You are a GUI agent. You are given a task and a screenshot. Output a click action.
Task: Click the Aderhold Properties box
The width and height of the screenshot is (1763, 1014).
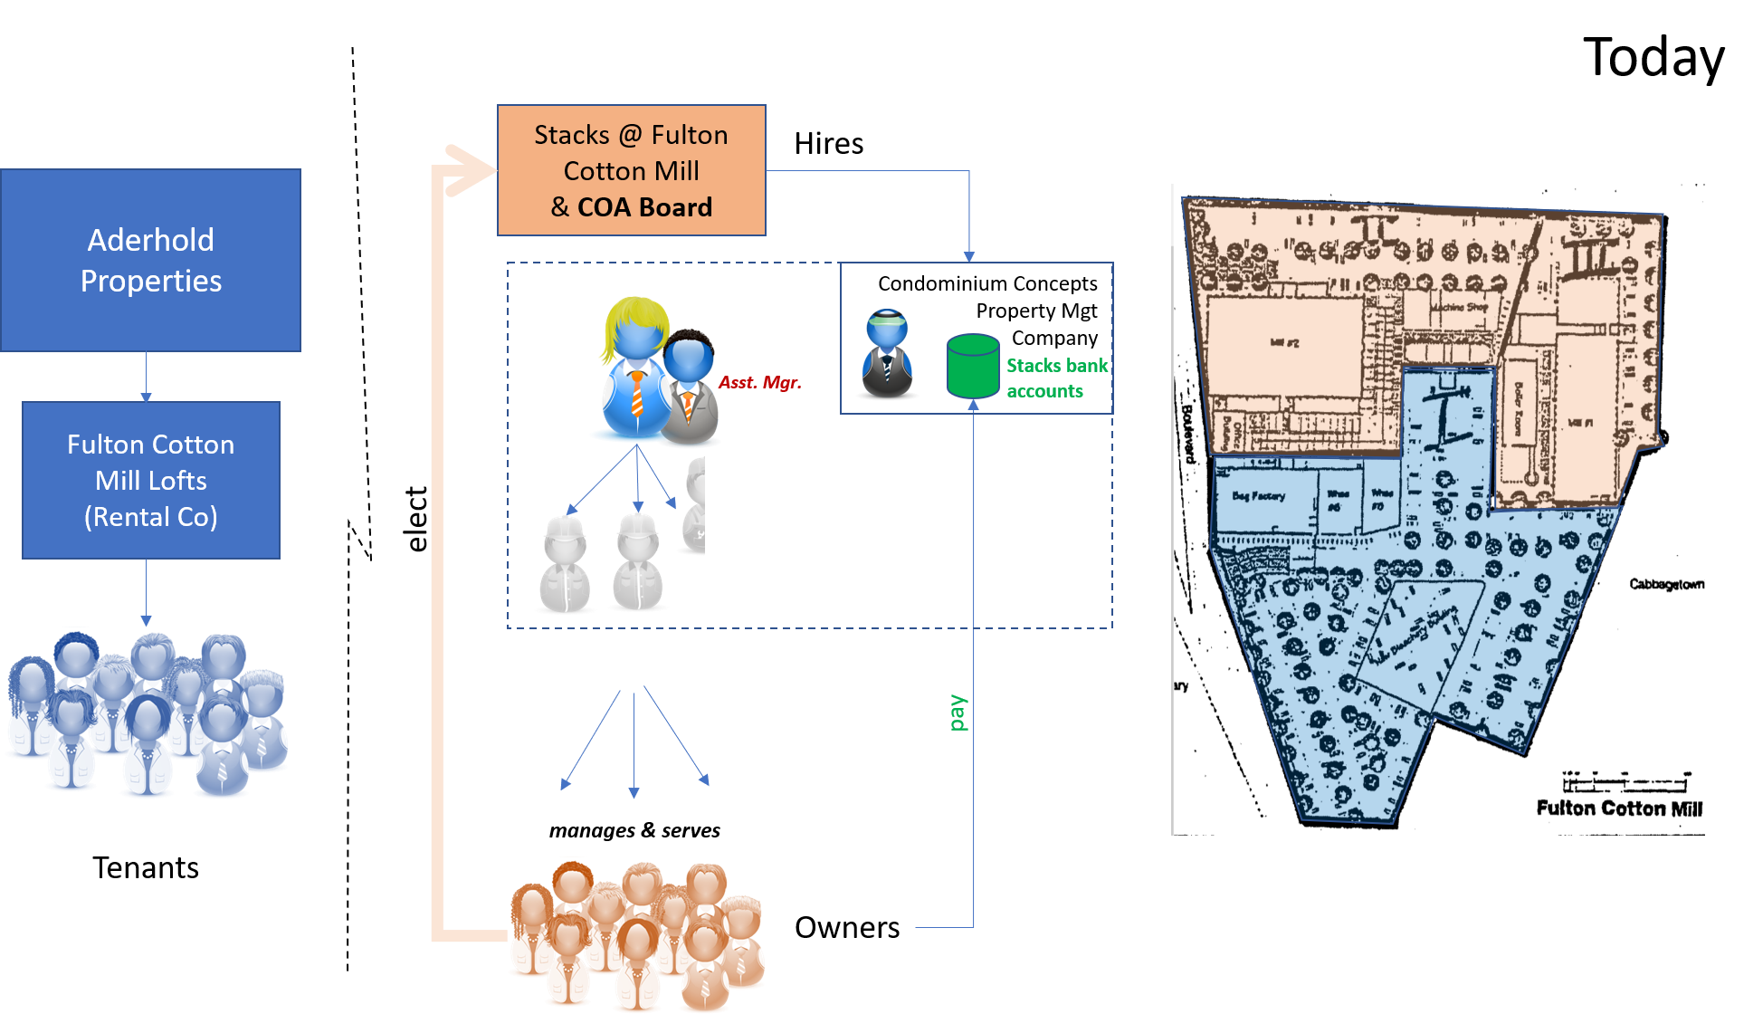coord(150,260)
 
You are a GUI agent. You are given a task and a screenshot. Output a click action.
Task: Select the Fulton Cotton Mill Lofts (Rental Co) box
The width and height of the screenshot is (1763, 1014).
coord(150,480)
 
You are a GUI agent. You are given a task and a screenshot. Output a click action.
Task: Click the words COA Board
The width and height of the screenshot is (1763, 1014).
coord(644,207)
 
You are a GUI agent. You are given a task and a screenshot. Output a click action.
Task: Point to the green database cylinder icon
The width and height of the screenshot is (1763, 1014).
coord(973,366)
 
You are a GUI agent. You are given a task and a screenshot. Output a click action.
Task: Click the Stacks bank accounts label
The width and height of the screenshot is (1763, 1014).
coord(1056,378)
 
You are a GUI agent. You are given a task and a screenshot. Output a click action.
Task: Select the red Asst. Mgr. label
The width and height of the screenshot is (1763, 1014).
coord(759,382)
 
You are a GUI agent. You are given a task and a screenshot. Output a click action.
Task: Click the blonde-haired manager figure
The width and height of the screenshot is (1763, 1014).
coord(634,367)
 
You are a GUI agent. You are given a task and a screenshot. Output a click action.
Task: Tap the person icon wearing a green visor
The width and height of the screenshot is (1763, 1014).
coord(887,354)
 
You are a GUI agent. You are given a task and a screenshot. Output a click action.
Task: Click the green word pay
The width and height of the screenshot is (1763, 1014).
coord(958,713)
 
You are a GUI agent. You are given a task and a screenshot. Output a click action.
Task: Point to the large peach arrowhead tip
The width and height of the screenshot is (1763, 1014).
coord(493,169)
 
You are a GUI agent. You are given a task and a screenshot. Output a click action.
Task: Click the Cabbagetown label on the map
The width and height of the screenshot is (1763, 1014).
coord(1665,584)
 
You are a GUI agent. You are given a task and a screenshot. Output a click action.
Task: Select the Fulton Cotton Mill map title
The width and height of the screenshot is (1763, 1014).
coord(1618,808)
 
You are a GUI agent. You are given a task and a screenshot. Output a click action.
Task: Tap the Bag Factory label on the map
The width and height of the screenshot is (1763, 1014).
coord(1258,496)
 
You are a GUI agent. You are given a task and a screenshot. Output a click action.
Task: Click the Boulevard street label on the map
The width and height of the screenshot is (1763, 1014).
coord(1188,433)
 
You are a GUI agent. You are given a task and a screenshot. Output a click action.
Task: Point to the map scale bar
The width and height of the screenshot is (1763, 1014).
coord(1624,781)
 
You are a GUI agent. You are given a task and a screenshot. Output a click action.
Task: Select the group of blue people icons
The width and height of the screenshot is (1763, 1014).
coord(147,715)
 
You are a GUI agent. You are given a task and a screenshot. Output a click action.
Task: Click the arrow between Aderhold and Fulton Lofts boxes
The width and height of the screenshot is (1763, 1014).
coord(146,376)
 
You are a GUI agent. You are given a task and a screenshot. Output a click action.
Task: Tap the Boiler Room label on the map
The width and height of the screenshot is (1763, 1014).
coord(1519,408)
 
